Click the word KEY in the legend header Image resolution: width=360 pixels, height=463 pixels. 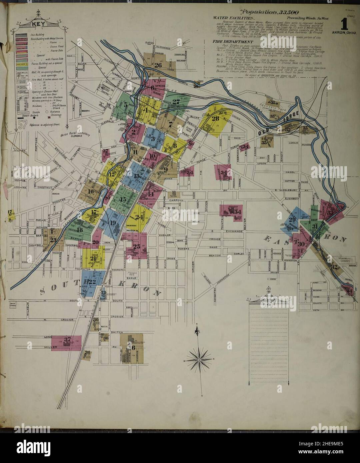[x=36, y=24]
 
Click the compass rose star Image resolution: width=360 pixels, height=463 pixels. [x=199, y=360]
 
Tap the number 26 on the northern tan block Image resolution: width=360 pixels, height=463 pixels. [x=158, y=65]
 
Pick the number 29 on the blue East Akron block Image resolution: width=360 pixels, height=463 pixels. [x=292, y=220]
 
